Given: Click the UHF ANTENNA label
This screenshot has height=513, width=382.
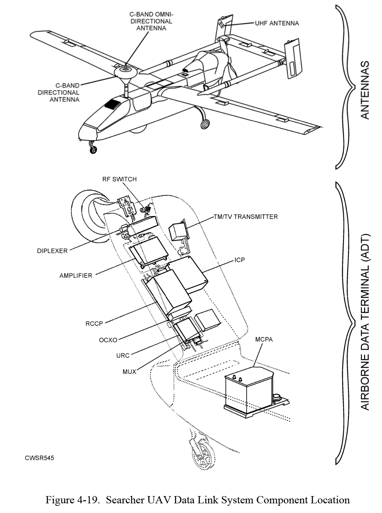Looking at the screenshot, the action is coord(277,23).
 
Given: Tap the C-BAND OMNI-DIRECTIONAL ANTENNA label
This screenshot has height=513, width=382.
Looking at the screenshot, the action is coord(151,21).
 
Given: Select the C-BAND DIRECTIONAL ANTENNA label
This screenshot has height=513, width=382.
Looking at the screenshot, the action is coord(59,92).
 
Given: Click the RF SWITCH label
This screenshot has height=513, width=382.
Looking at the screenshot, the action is coord(119,179).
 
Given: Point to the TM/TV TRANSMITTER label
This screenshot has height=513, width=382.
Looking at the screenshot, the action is coord(245,217).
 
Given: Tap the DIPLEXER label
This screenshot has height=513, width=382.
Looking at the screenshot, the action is coord(52,251).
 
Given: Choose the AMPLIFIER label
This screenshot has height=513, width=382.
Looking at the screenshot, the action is coord(76,275).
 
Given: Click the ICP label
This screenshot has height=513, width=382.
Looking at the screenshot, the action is coord(239,260).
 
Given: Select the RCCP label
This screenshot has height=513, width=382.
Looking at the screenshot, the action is coord(94,324).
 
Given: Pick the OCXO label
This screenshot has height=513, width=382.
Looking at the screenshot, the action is coord(108,340).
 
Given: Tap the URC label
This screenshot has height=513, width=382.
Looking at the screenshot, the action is coord(123,355).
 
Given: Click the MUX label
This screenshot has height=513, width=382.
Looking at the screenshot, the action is coord(129,372).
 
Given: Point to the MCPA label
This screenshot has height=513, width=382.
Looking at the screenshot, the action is coord(264,339).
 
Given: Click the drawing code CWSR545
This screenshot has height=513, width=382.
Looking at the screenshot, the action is coord(39,458).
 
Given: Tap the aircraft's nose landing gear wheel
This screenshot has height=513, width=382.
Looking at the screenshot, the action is coord(93,150).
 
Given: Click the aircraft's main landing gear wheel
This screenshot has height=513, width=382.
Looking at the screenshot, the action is coord(205,125).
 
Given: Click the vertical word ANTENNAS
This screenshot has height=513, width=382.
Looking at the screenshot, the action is coord(365,90).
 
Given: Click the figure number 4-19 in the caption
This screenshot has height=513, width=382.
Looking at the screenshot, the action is coord(89,500).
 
